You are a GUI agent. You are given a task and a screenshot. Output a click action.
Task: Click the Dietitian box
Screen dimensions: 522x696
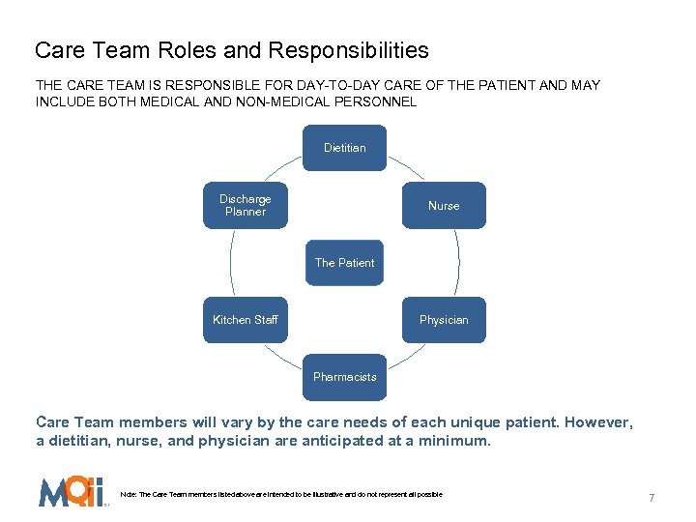[345, 148]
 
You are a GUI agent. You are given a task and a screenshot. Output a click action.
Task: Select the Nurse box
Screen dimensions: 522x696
[444, 206]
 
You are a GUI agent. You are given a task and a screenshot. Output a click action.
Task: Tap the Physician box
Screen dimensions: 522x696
[444, 320]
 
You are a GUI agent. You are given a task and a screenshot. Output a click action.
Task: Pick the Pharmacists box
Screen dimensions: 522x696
[345, 377]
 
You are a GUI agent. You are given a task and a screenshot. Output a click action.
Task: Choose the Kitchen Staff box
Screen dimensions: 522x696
[246, 320]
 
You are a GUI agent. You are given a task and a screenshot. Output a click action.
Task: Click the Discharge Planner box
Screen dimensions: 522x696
[246, 205]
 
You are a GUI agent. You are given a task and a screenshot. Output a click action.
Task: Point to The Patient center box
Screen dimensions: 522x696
[345, 263]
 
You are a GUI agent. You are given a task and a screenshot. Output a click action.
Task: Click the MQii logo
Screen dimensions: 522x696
[71, 492]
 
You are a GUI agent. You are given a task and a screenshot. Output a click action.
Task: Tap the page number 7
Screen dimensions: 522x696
[652, 498]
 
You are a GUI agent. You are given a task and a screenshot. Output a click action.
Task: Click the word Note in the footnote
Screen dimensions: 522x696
[127, 495]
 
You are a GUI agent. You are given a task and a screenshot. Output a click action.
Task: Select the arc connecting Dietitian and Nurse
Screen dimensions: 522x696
[406, 166]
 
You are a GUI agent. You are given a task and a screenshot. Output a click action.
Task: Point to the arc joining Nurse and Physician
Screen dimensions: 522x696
[458, 263]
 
